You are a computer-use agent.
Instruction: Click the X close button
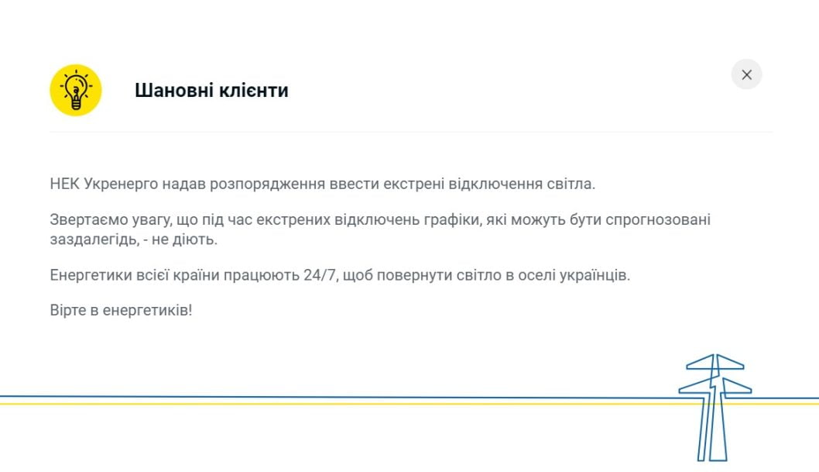tap(746, 74)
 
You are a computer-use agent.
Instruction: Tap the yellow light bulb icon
tap(76, 90)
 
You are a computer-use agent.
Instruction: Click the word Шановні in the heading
tap(168, 91)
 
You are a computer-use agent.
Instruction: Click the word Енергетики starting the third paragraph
tap(87, 275)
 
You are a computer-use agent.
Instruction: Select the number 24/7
tap(320, 275)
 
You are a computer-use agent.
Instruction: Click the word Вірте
tap(67, 310)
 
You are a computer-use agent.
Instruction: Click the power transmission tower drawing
tap(714, 407)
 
